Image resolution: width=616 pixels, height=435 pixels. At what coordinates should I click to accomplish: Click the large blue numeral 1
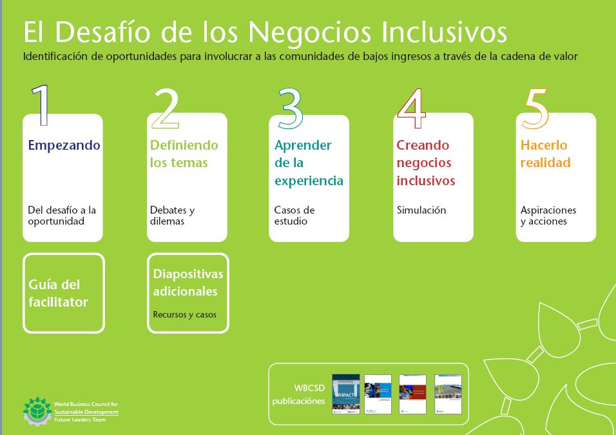pyautogui.click(x=41, y=105)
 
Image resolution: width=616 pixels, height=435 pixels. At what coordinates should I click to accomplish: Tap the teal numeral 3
pyautogui.click(x=291, y=107)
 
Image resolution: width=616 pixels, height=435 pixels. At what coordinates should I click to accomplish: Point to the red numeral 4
pyautogui.click(x=412, y=107)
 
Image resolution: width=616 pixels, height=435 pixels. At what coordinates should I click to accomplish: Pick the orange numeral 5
pyautogui.click(x=536, y=107)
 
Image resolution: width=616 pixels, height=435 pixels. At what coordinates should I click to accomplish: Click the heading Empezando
pyautogui.click(x=64, y=145)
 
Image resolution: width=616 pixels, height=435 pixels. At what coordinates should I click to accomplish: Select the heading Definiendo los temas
pyautogui.click(x=184, y=154)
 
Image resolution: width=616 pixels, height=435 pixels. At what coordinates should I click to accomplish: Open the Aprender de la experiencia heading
pyautogui.click(x=309, y=163)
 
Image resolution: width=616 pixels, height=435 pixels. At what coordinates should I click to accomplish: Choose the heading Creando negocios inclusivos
pyautogui.click(x=425, y=163)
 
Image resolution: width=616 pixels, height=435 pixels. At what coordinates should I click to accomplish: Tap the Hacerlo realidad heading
pyautogui.click(x=545, y=154)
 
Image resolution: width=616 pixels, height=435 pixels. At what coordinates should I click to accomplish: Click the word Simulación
pyautogui.click(x=421, y=210)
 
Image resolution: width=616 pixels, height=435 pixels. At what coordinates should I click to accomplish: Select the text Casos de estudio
pyautogui.click(x=294, y=216)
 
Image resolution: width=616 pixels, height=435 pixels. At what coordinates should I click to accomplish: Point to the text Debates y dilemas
pyautogui.click(x=172, y=216)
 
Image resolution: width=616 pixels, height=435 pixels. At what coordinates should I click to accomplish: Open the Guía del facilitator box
pyautogui.click(x=63, y=293)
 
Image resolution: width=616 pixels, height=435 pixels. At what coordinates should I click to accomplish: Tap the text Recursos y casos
pyautogui.click(x=184, y=315)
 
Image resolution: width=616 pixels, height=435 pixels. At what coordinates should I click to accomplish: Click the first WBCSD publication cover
pyautogui.click(x=345, y=394)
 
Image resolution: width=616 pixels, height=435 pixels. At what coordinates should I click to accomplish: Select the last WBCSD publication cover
pyautogui.click(x=448, y=394)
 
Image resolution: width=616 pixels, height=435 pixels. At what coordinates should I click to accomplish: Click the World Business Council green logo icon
pyautogui.click(x=37, y=409)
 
